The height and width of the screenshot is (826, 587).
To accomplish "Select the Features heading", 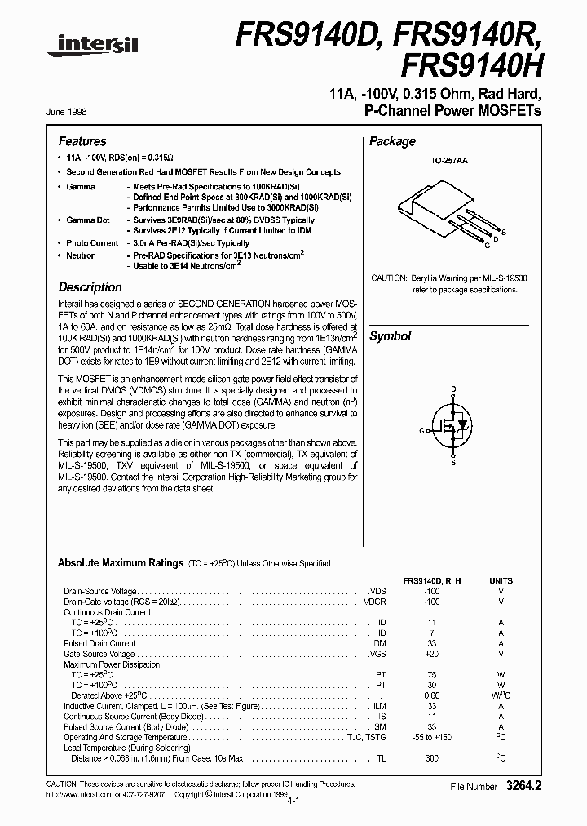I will (82, 141).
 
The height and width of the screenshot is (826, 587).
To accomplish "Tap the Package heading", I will (392, 141).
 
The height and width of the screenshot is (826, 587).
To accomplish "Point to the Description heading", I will (90, 287).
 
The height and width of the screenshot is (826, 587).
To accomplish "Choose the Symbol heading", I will (390, 336).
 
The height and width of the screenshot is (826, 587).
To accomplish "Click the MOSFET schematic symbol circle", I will (453, 424).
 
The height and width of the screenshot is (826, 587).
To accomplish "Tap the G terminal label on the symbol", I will (422, 430).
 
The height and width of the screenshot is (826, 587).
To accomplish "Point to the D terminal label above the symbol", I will (453, 390).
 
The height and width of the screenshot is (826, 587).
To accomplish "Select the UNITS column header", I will (501, 580).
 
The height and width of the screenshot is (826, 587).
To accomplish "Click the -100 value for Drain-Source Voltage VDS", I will (432, 591).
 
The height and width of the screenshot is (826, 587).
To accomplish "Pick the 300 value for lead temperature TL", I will (432, 758).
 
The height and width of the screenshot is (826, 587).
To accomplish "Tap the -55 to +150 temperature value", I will (432, 736).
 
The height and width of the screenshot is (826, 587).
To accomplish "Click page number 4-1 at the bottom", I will (293, 802).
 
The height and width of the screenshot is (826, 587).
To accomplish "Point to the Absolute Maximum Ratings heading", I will (120, 562).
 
